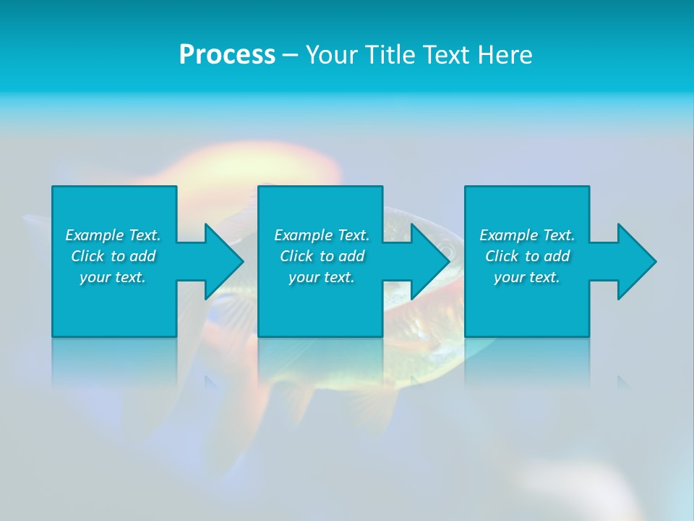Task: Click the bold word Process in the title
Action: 227,55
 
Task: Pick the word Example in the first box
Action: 95,235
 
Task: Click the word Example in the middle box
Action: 304,235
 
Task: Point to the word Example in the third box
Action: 509,235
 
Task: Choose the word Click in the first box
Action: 87,256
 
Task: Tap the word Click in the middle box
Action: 296,256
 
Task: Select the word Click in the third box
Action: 502,256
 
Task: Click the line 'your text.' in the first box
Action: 113,277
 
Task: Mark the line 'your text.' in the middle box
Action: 322,277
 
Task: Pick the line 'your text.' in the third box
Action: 527,277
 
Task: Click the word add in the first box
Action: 142,256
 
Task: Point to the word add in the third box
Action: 557,256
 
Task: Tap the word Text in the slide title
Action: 448,55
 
